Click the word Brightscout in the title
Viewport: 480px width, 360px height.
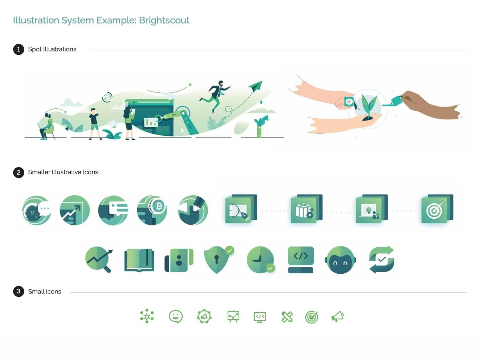(x=164, y=20)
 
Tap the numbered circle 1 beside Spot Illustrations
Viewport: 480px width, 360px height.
(x=19, y=49)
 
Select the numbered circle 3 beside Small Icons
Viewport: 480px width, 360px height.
(x=19, y=291)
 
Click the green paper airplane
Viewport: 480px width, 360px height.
(x=256, y=86)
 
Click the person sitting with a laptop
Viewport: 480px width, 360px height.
(x=47, y=126)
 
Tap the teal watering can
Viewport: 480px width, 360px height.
(x=396, y=101)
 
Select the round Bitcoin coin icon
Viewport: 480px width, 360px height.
(x=152, y=210)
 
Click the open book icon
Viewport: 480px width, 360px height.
(x=139, y=260)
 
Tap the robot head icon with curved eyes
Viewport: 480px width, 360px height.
(x=340, y=260)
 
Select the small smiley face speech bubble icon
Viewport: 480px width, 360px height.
(x=175, y=317)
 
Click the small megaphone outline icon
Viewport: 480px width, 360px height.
(x=337, y=317)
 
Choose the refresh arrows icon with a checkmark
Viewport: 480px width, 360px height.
(x=381, y=259)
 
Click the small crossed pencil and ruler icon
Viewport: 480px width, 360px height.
(x=287, y=317)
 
